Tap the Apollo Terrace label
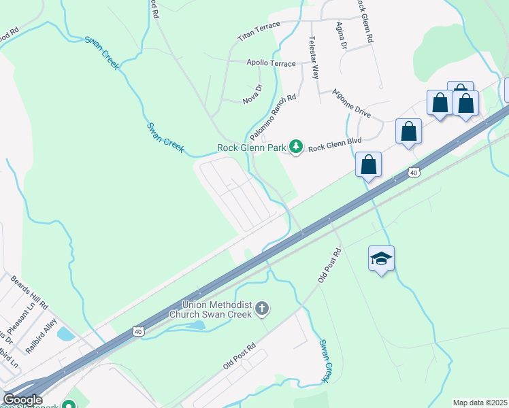coord(271,63)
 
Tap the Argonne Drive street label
coord(352,103)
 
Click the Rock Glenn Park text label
coord(251,148)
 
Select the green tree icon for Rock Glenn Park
coord(296,146)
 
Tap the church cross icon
coord(262,310)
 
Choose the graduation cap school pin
coord(382,258)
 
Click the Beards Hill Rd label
coord(29,292)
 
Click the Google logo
coord(22,400)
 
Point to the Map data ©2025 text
coord(479,403)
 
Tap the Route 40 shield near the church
coord(138,331)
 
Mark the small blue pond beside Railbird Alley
coord(66,334)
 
